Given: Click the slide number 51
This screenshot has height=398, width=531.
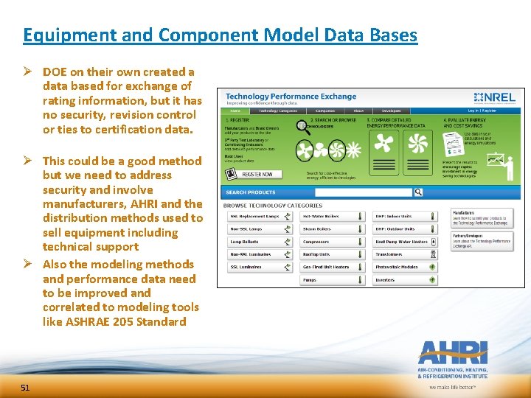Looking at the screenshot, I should pos(25,388).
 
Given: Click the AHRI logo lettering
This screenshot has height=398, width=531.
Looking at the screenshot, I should pos(452,352).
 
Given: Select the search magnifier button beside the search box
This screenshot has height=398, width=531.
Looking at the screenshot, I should pos(418,192).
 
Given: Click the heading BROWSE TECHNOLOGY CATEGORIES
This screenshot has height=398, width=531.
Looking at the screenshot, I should pos(273,206).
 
